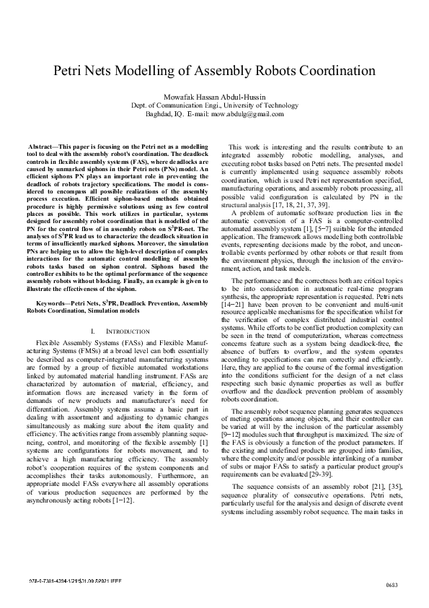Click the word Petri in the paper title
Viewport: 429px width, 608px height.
[71, 71]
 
